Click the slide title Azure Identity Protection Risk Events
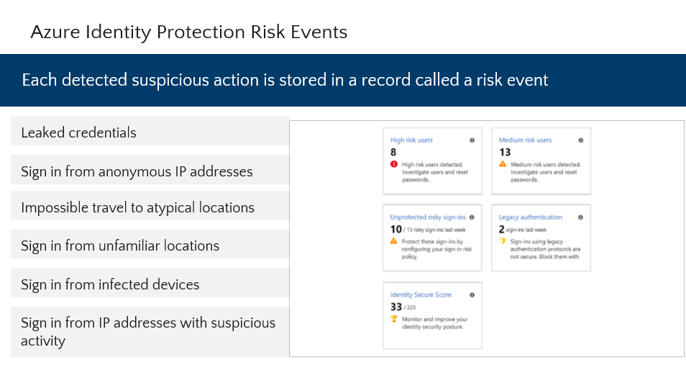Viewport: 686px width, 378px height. (x=188, y=32)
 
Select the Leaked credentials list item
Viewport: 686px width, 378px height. (x=78, y=132)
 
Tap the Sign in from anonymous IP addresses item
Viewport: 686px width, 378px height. (x=137, y=171)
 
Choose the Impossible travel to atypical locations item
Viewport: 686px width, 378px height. (x=137, y=207)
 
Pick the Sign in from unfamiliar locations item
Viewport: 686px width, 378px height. (x=120, y=246)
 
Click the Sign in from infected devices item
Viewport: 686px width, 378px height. (x=110, y=284)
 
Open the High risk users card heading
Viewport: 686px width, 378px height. (x=411, y=140)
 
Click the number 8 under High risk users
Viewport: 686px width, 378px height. (x=393, y=152)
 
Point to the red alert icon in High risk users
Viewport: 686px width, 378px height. (x=393, y=164)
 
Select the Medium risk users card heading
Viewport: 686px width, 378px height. (x=526, y=140)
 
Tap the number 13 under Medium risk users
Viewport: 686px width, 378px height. (x=505, y=152)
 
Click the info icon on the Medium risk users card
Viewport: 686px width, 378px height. (x=580, y=140)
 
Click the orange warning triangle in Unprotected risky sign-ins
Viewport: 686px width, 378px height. (x=393, y=241)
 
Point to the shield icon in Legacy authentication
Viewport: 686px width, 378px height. (x=503, y=241)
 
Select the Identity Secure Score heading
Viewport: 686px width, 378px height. (x=420, y=295)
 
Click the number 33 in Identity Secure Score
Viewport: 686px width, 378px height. (x=396, y=307)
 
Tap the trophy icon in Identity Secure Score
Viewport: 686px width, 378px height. (x=393, y=319)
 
